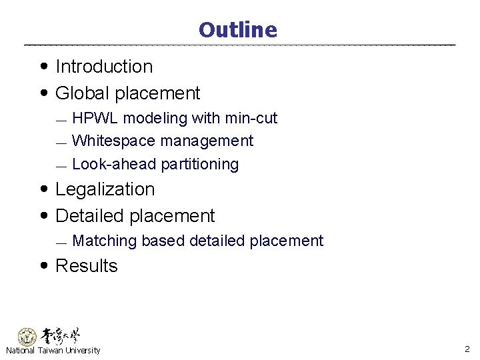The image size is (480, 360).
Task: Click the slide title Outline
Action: tap(237, 30)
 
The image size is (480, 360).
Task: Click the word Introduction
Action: tap(104, 67)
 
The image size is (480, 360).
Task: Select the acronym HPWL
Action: tap(95, 119)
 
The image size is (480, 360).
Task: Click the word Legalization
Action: tap(105, 189)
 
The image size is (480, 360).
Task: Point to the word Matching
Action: tap(104, 241)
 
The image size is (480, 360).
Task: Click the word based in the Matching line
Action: tap(163, 241)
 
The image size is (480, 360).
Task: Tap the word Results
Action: tap(87, 266)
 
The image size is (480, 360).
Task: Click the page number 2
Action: tap(467, 349)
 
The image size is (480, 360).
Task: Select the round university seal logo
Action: tap(27, 337)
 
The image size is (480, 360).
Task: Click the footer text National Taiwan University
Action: tap(53, 351)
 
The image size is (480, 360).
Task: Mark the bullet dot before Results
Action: tap(43, 266)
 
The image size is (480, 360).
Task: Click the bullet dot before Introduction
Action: tap(43, 67)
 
